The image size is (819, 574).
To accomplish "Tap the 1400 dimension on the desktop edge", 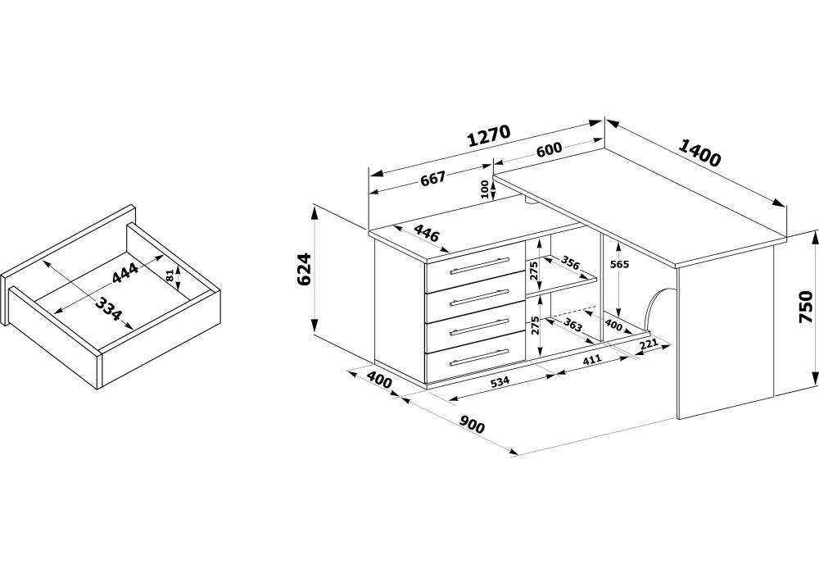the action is [x=699, y=153].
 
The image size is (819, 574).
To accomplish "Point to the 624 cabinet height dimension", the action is [x=303, y=269].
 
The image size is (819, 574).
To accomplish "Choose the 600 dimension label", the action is [x=549, y=151].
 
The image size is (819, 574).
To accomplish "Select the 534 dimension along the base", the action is [x=500, y=380].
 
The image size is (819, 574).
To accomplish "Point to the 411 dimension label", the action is [x=591, y=359].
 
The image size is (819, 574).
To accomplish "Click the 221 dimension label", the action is [x=650, y=344].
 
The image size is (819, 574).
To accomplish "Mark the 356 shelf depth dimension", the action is [x=569, y=265].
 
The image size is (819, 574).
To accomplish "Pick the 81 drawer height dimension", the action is [x=170, y=276].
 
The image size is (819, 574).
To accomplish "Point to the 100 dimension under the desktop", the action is [x=485, y=189].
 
